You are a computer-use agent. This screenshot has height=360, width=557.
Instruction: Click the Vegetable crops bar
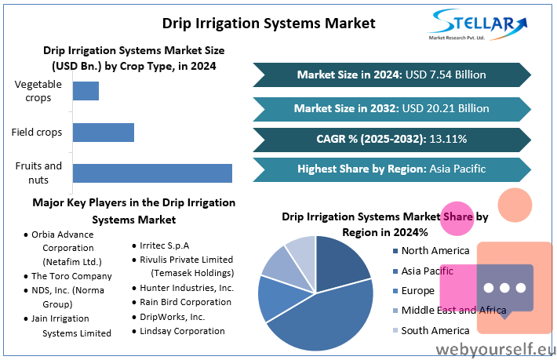(86, 91)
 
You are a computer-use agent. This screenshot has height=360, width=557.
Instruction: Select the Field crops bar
(104, 133)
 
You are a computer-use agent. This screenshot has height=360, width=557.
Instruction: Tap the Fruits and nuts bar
(152, 173)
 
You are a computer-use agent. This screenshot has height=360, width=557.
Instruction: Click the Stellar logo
(478, 24)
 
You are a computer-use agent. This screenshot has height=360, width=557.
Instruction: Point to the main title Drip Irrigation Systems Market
(268, 24)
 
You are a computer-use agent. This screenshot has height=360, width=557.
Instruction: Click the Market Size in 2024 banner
(391, 75)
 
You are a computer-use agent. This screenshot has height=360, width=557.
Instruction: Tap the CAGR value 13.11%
(448, 139)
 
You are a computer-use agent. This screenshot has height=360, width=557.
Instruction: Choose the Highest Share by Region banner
(391, 169)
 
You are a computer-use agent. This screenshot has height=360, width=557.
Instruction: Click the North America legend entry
(431, 251)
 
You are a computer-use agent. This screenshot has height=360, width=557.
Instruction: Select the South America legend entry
(431, 330)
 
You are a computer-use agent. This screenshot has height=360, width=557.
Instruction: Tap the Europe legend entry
(414, 291)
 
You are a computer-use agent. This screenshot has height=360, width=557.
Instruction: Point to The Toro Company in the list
(71, 276)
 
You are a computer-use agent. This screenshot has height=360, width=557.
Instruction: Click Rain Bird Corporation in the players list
(185, 302)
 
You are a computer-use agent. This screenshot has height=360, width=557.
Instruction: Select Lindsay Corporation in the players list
(182, 331)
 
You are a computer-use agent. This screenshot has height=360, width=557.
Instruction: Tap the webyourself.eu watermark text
(496, 349)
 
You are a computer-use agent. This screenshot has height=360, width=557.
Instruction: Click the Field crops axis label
(37, 133)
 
